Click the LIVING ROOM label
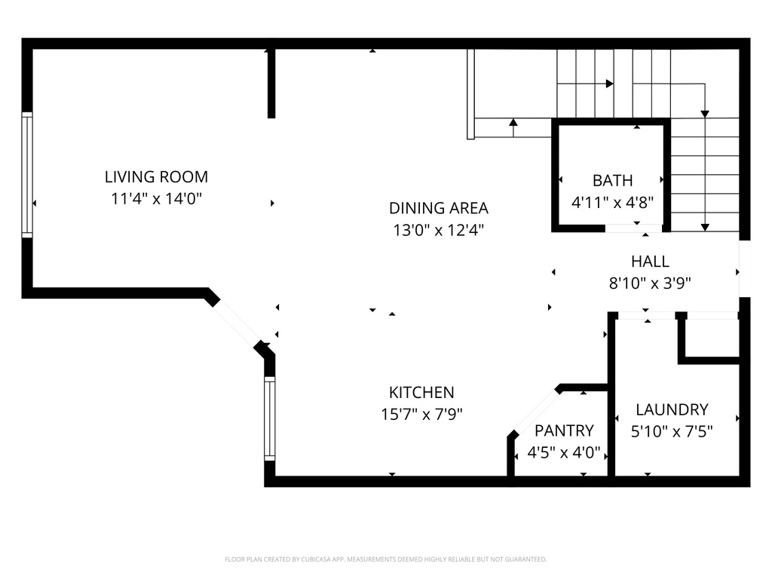[156, 177]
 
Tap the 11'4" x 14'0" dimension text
[156, 200]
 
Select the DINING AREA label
[438, 208]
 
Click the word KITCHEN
[421, 392]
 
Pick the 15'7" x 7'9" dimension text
[421, 414]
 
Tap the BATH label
[612, 181]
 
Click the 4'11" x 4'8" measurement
[612, 203]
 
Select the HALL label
[650, 262]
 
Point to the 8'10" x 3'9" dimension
[650, 283]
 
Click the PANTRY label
[564, 430]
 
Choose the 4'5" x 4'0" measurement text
[564, 453]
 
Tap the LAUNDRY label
[672, 409]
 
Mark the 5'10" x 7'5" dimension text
[672, 431]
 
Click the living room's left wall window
[27, 175]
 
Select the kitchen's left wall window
[269, 418]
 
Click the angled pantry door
[535, 411]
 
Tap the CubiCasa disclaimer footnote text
[385, 559]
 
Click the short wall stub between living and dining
[271, 83]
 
